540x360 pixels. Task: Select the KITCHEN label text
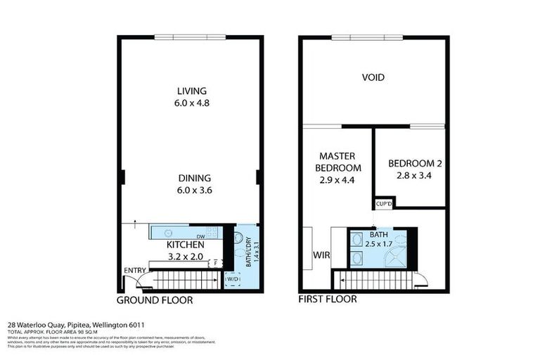tap(185, 245)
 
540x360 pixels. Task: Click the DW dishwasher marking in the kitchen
tap(200, 236)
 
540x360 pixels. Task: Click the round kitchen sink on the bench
tap(168, 233)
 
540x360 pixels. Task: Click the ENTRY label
tap(134, 271)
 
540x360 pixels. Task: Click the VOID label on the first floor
tap(373, 77)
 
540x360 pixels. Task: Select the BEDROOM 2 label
tap(410, 169)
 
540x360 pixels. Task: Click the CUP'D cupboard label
tap(384, 204)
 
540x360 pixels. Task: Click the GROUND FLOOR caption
tap(154, 300)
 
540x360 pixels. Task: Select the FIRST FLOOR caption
tap(327, 300)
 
